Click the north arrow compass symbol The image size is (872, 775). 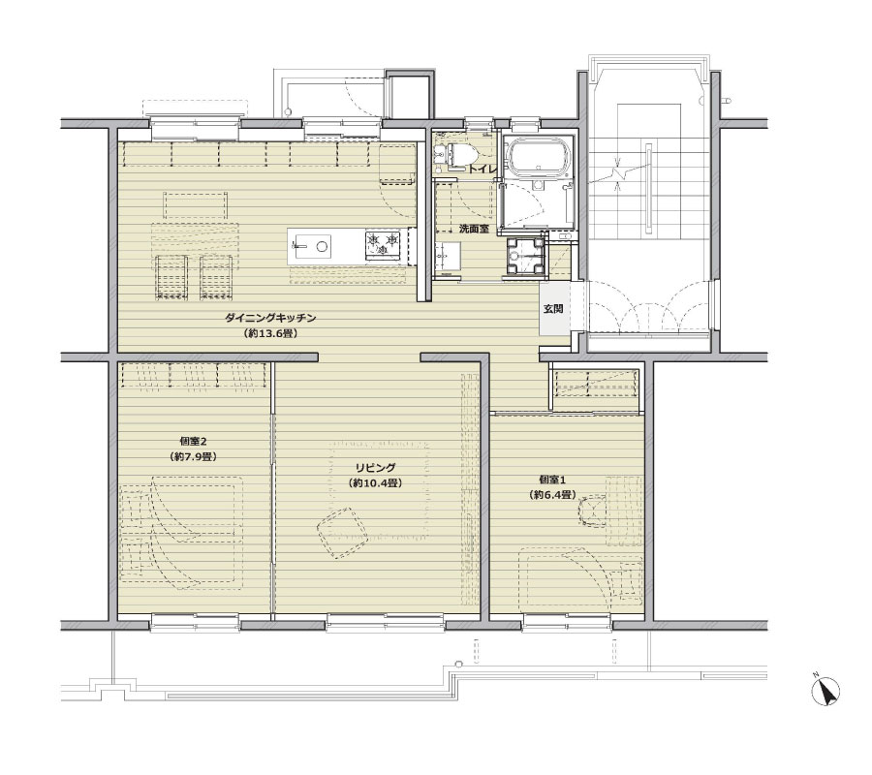coord(825,692)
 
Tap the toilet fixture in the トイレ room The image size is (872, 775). coord(460,153)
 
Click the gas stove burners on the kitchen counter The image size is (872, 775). coord(382,245)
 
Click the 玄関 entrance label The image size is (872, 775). coord(553,309)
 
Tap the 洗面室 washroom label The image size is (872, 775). coord(474,229)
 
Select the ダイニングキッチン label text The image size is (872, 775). coord(270,318)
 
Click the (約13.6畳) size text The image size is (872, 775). coord(270,334)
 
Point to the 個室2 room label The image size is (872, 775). coord(193,442)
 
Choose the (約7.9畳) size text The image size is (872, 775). coord(193,457)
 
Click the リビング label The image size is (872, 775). coord(375,468)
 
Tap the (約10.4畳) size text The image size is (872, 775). coord(375,483)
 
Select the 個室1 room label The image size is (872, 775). coord(551,479)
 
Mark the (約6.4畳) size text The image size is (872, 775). coord(551,495)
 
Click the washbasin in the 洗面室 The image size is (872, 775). coord(447,258)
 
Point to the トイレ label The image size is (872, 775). coord(482,169)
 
